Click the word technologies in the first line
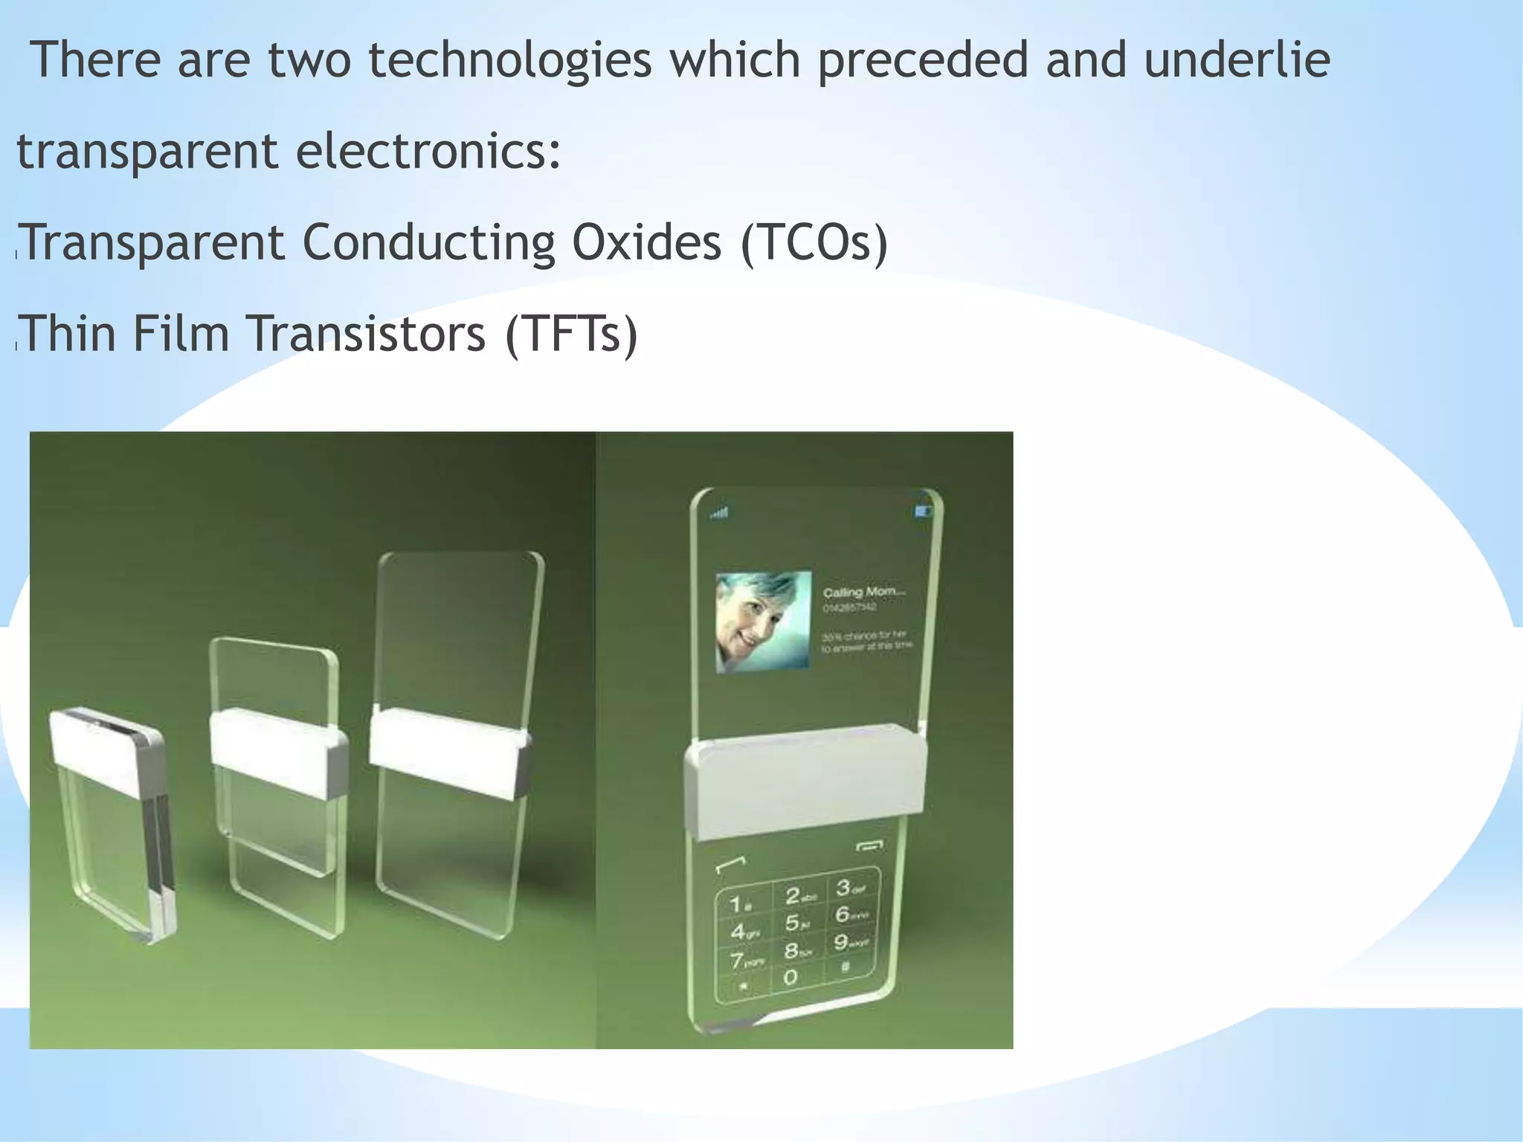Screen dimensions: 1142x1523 click(x=509, y=61)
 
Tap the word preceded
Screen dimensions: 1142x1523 click(x=923, y=61)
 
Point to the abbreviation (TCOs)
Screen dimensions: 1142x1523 click(x=814, y=243)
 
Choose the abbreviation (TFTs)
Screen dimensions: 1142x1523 click(x=571, y=334)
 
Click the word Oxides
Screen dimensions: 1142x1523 click(x=646, y=242)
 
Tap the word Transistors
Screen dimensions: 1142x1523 click(x=366, y=333)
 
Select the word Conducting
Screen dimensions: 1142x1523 click(x=429, y=244)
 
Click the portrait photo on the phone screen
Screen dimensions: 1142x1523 click(x=762, y=622)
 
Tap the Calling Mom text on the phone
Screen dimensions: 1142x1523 click(x=863, y=592)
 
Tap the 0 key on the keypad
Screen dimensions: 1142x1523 click(x=791, y=976)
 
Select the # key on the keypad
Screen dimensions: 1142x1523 click(x=845, y=967)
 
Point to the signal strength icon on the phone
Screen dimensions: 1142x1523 click(x=719, y=513)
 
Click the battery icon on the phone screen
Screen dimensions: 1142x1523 click(x=923, y=511)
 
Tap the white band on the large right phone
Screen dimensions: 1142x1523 click(x=805, y=781)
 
